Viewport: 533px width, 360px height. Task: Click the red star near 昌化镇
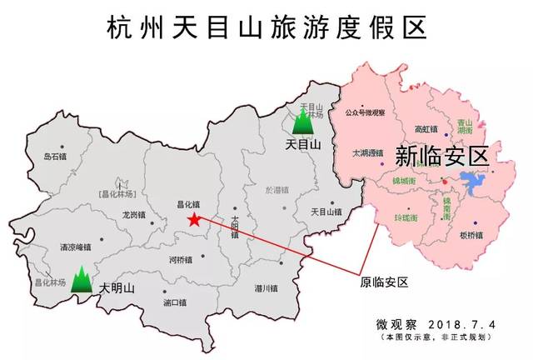point(194,220)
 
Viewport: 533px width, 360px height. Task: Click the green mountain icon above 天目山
point(302,123)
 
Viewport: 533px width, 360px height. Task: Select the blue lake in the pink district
point(476,183)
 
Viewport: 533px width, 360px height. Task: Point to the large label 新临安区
point(440,156)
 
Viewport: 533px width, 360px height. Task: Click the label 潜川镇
point(266,288)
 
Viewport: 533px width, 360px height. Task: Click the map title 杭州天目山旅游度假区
point(266,27)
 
